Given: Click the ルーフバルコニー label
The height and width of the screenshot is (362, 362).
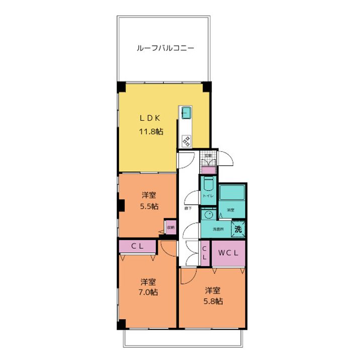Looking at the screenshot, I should [x=165, y=49].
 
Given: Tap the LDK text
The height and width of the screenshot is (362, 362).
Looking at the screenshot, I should [x=149, y=118].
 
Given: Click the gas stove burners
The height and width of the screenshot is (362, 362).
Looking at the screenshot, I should [x=186, y=141].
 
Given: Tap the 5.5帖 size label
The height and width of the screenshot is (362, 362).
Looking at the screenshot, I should [x=149, y=207].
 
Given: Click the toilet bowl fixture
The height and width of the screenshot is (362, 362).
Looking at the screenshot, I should [x=208, y=184].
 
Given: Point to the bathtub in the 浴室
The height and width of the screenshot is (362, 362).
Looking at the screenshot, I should [x=232, y=193].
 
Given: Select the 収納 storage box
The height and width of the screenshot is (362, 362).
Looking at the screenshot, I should [x=170, y=228].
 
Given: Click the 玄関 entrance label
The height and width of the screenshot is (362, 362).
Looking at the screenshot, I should [x=208, y=155].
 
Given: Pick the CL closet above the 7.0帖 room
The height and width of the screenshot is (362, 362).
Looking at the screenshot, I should [x=137, y=247].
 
